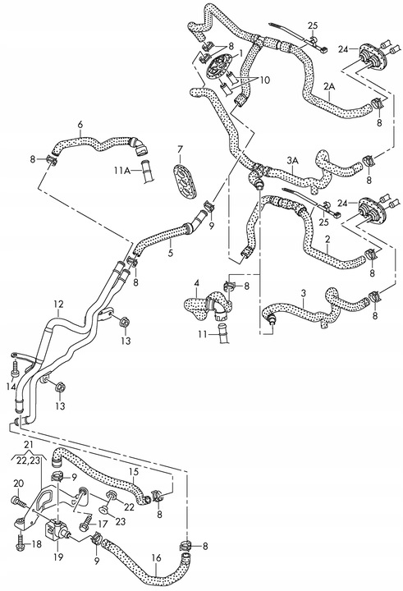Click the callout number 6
[80, 125]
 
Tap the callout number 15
[133, 471]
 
